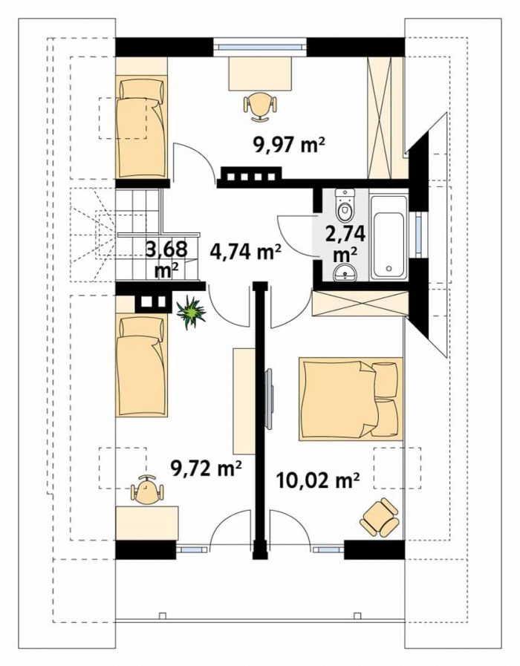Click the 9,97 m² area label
[289, 146]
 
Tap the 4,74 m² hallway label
[246, 252]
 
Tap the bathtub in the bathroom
[389, 236]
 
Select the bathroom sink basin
[345, 272]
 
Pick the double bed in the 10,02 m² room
[351, 399]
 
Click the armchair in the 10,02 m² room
[380, 518]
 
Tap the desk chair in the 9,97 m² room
[260, 108]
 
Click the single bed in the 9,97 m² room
[140, 127]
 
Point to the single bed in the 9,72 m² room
[141, 366]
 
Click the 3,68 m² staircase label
[166, 258]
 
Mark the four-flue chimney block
[250, 177]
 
